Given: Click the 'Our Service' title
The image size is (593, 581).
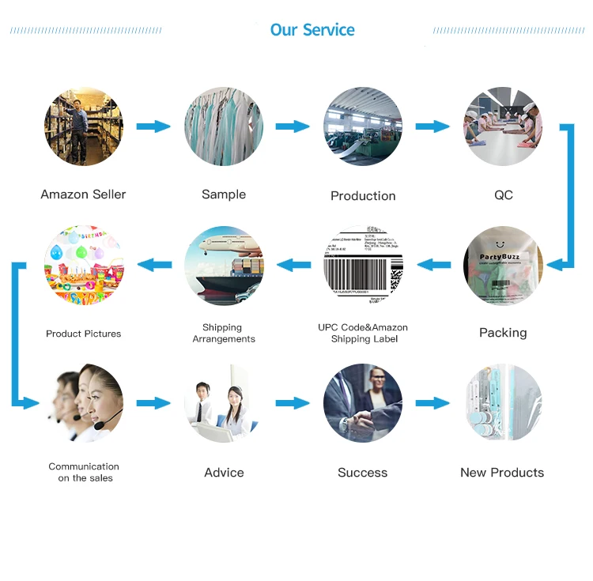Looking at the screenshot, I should tap(312, 30).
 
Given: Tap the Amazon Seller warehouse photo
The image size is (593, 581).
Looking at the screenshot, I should tap(84, 126).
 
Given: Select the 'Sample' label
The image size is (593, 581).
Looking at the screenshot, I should tap(224, 194).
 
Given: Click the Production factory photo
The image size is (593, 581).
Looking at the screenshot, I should tap(363, 126).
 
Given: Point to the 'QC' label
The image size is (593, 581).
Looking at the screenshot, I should tap(503, 194).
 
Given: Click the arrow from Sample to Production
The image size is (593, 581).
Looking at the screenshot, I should tap(293, 126).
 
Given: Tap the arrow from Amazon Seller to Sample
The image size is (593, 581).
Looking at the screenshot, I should tap(153, 126).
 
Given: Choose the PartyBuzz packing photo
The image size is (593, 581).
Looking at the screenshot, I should tap(503, 266).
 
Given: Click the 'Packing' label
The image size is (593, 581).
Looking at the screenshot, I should tap(503, 333).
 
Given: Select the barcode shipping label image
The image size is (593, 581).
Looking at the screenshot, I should tap(363, 266).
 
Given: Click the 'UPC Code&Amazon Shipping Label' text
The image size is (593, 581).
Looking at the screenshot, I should tap(363, 333).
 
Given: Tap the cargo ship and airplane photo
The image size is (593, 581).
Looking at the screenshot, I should tap(224, 266).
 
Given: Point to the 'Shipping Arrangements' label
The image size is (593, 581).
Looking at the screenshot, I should tap(224, 333).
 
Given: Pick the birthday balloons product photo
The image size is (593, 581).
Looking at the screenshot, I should tap(84, 266).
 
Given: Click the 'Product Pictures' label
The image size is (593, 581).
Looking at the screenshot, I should tap(84, 334).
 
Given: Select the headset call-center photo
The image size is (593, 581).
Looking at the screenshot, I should tap(84, 403).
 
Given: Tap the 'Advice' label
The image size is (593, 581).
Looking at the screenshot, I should tap(224, 473).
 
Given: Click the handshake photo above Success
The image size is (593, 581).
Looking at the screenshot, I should tap(363, 403).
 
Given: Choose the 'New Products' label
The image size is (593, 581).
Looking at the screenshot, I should tap(502, 473).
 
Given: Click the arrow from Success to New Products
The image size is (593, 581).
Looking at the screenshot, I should tap(432, 403).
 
